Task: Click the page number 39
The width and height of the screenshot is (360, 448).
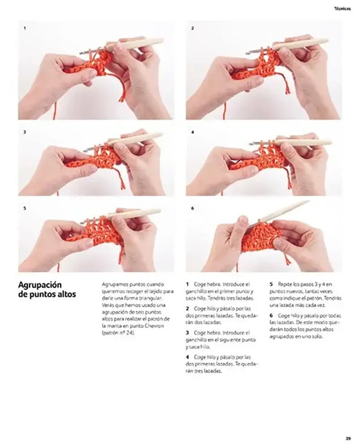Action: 347,438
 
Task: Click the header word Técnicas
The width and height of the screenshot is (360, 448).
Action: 341,8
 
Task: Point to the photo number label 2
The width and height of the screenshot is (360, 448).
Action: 193,27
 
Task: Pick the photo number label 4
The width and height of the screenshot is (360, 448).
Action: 193,132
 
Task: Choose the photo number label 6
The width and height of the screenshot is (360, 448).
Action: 193,208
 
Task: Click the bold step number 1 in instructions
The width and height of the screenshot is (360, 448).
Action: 187,284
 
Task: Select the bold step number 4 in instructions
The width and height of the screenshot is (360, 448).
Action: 187,356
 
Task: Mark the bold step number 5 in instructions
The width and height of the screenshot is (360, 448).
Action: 271,284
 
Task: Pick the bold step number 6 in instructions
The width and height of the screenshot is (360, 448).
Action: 271,316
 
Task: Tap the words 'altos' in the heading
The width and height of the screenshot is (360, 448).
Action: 66,294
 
